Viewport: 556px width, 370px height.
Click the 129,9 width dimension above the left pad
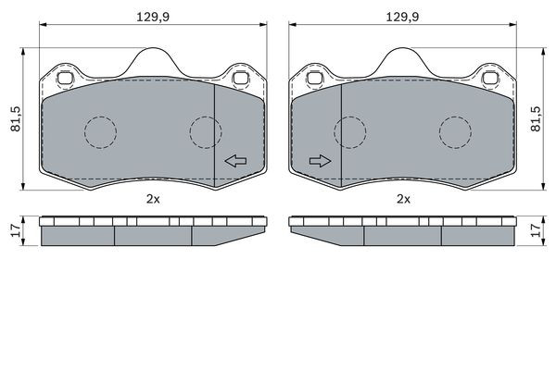[153, 17]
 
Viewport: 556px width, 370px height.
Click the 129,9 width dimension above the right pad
[402, 17]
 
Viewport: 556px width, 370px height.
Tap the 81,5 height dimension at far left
[16, 119]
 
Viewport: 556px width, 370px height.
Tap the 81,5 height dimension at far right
[536, 119]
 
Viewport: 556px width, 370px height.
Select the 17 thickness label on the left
[16, 231]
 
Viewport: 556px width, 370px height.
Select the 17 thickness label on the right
[537, 230]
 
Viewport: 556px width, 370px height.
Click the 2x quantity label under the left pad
[153, 200]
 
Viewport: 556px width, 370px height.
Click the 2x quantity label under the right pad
[403, 200]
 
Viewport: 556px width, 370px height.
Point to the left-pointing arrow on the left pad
[235, 161]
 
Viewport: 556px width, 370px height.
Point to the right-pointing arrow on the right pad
[321, 161]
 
